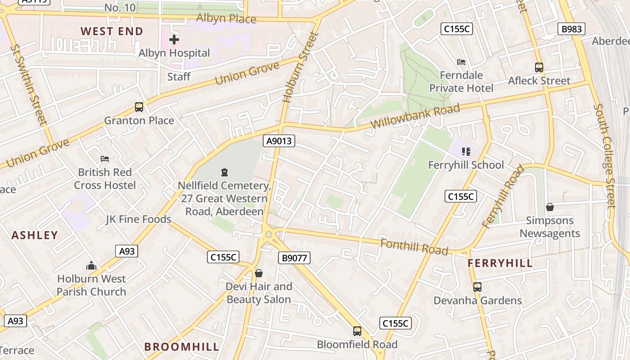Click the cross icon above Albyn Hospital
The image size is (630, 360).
pos(174,40)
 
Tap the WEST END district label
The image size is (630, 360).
pos(112,31)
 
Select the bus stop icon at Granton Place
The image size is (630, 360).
pos(139,107)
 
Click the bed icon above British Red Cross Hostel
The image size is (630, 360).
pos(105,159)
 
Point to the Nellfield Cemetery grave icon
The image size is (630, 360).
pos(224,172)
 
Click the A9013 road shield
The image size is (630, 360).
pos(279,141)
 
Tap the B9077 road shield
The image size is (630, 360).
pos(294,258)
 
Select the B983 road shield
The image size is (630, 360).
pos(571,29)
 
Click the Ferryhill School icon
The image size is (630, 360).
pos(466,152)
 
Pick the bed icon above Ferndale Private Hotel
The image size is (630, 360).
pos(461,62)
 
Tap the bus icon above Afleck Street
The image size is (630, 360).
pos(539,67)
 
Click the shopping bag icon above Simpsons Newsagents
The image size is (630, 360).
pos(549,207)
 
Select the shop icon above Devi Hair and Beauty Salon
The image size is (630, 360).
pos(258,273)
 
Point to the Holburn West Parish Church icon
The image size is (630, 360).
pos(91,265)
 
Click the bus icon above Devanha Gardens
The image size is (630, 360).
pos(477,287)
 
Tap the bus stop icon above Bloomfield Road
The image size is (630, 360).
pos(357,331)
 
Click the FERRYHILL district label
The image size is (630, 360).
pos(500,263)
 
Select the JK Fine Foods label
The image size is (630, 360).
pos(139,219)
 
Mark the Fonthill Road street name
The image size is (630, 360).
pos(414,247)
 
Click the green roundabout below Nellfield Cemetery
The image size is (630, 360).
pos(269,234)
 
